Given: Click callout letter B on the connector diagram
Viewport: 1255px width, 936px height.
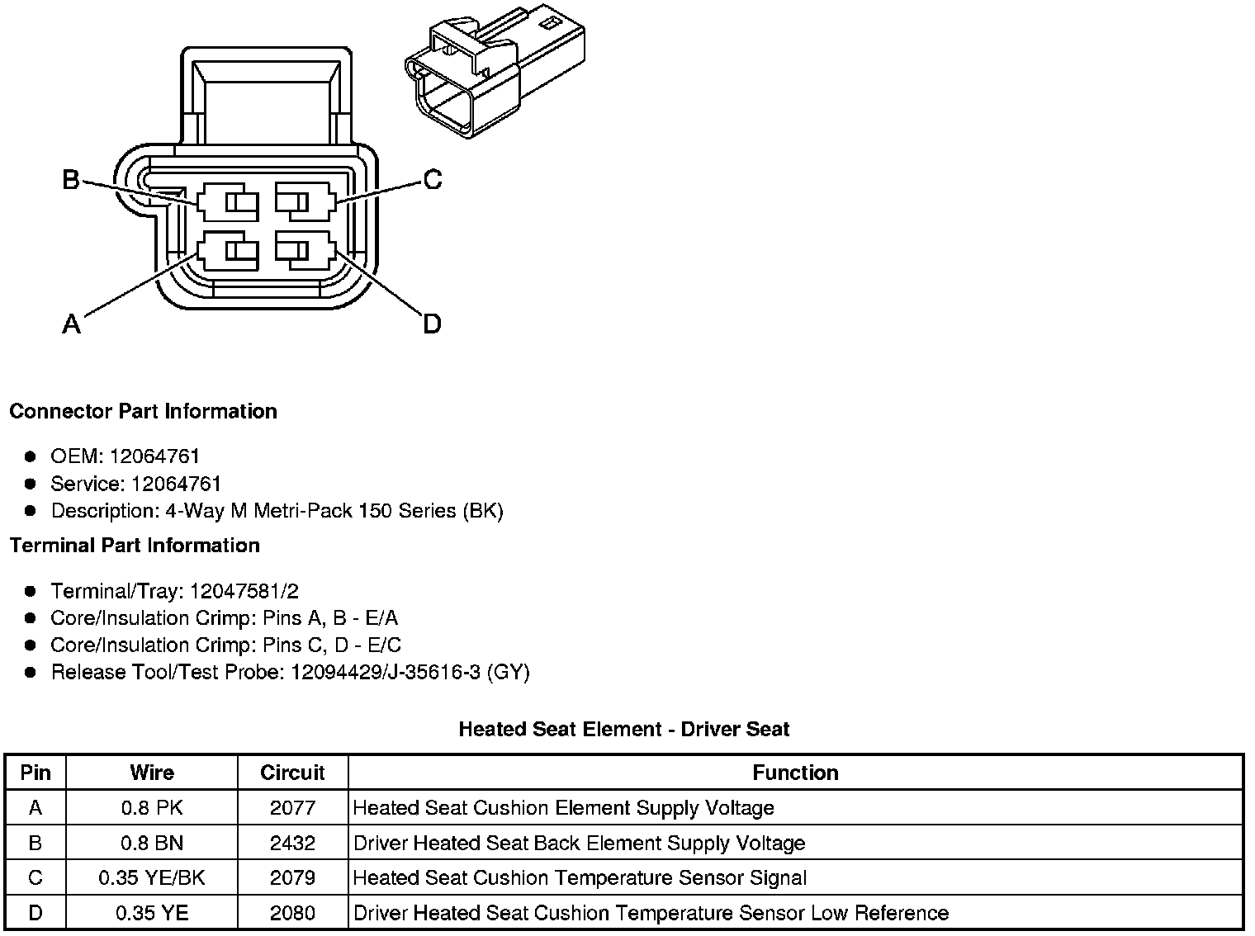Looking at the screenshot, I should click(x=72, y=179).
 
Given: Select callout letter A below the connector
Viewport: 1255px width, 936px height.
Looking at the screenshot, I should click(x=72, y=324).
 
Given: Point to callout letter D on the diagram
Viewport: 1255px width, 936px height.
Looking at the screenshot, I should click(x=432, y=324).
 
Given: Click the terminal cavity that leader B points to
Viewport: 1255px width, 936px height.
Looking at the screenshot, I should click(x=228, y=202).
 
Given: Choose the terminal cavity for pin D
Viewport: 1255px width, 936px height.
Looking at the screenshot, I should click(x=305, y=251).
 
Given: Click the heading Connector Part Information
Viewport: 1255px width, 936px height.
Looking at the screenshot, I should click(x=143, y=411).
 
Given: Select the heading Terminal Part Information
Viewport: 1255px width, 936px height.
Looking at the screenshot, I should click(x=135, y=546).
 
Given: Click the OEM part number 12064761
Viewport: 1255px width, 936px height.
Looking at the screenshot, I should click(x=154, y=456).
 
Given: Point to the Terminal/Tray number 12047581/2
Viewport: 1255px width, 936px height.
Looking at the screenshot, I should click(x=244, y=591).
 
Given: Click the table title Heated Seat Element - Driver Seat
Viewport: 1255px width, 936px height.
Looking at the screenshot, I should click(x=623, y=730).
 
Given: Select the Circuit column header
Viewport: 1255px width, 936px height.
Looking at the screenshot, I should click(x=292, y=773).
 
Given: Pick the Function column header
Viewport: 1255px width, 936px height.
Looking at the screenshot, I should click(x=795, y=773).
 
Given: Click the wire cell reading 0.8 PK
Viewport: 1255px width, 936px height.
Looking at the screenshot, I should click(x=152, y=808).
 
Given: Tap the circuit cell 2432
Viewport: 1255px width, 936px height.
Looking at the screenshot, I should click(x=292, y=843).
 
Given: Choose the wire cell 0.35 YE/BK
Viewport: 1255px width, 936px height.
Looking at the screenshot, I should click(x=152, y=878).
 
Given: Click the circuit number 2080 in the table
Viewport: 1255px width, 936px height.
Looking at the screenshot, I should click(x=292, y=913).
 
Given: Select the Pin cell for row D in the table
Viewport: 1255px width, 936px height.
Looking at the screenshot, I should click(x=36, y=913).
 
